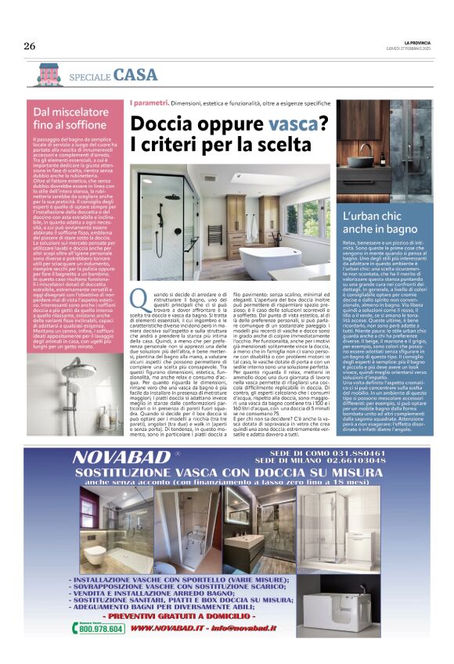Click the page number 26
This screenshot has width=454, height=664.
30,45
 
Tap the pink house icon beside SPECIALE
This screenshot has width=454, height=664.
49,74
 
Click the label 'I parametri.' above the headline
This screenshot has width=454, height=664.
149,103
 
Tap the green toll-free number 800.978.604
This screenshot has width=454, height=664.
102,628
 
